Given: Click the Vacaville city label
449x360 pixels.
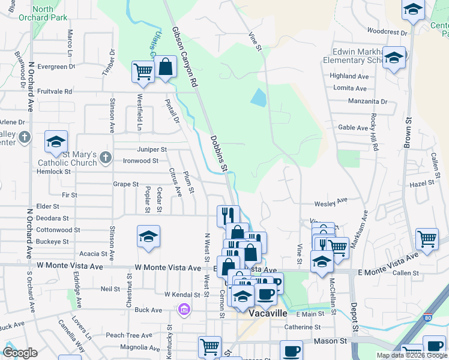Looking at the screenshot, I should tap(264, 314).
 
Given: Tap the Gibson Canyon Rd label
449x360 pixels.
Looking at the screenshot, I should tap(185, 55).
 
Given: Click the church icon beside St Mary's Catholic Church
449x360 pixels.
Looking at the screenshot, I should tap(105, 158).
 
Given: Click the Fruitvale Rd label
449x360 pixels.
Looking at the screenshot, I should tap(55, 91).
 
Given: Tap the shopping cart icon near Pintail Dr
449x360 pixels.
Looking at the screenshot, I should tap(143, 71).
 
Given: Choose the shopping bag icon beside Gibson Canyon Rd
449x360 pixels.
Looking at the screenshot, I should tap(166, 67).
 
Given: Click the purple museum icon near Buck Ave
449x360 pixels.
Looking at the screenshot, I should tap(184, 310).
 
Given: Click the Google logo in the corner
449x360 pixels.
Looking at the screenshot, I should tap(20, 353).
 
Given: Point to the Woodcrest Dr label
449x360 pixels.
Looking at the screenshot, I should tap(387, 31).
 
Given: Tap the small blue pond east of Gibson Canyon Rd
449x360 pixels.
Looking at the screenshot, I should tap(258, 97).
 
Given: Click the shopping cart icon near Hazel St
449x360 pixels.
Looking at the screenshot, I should tap(426, 238).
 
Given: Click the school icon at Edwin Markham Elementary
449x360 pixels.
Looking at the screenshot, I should tap(394, 58).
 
